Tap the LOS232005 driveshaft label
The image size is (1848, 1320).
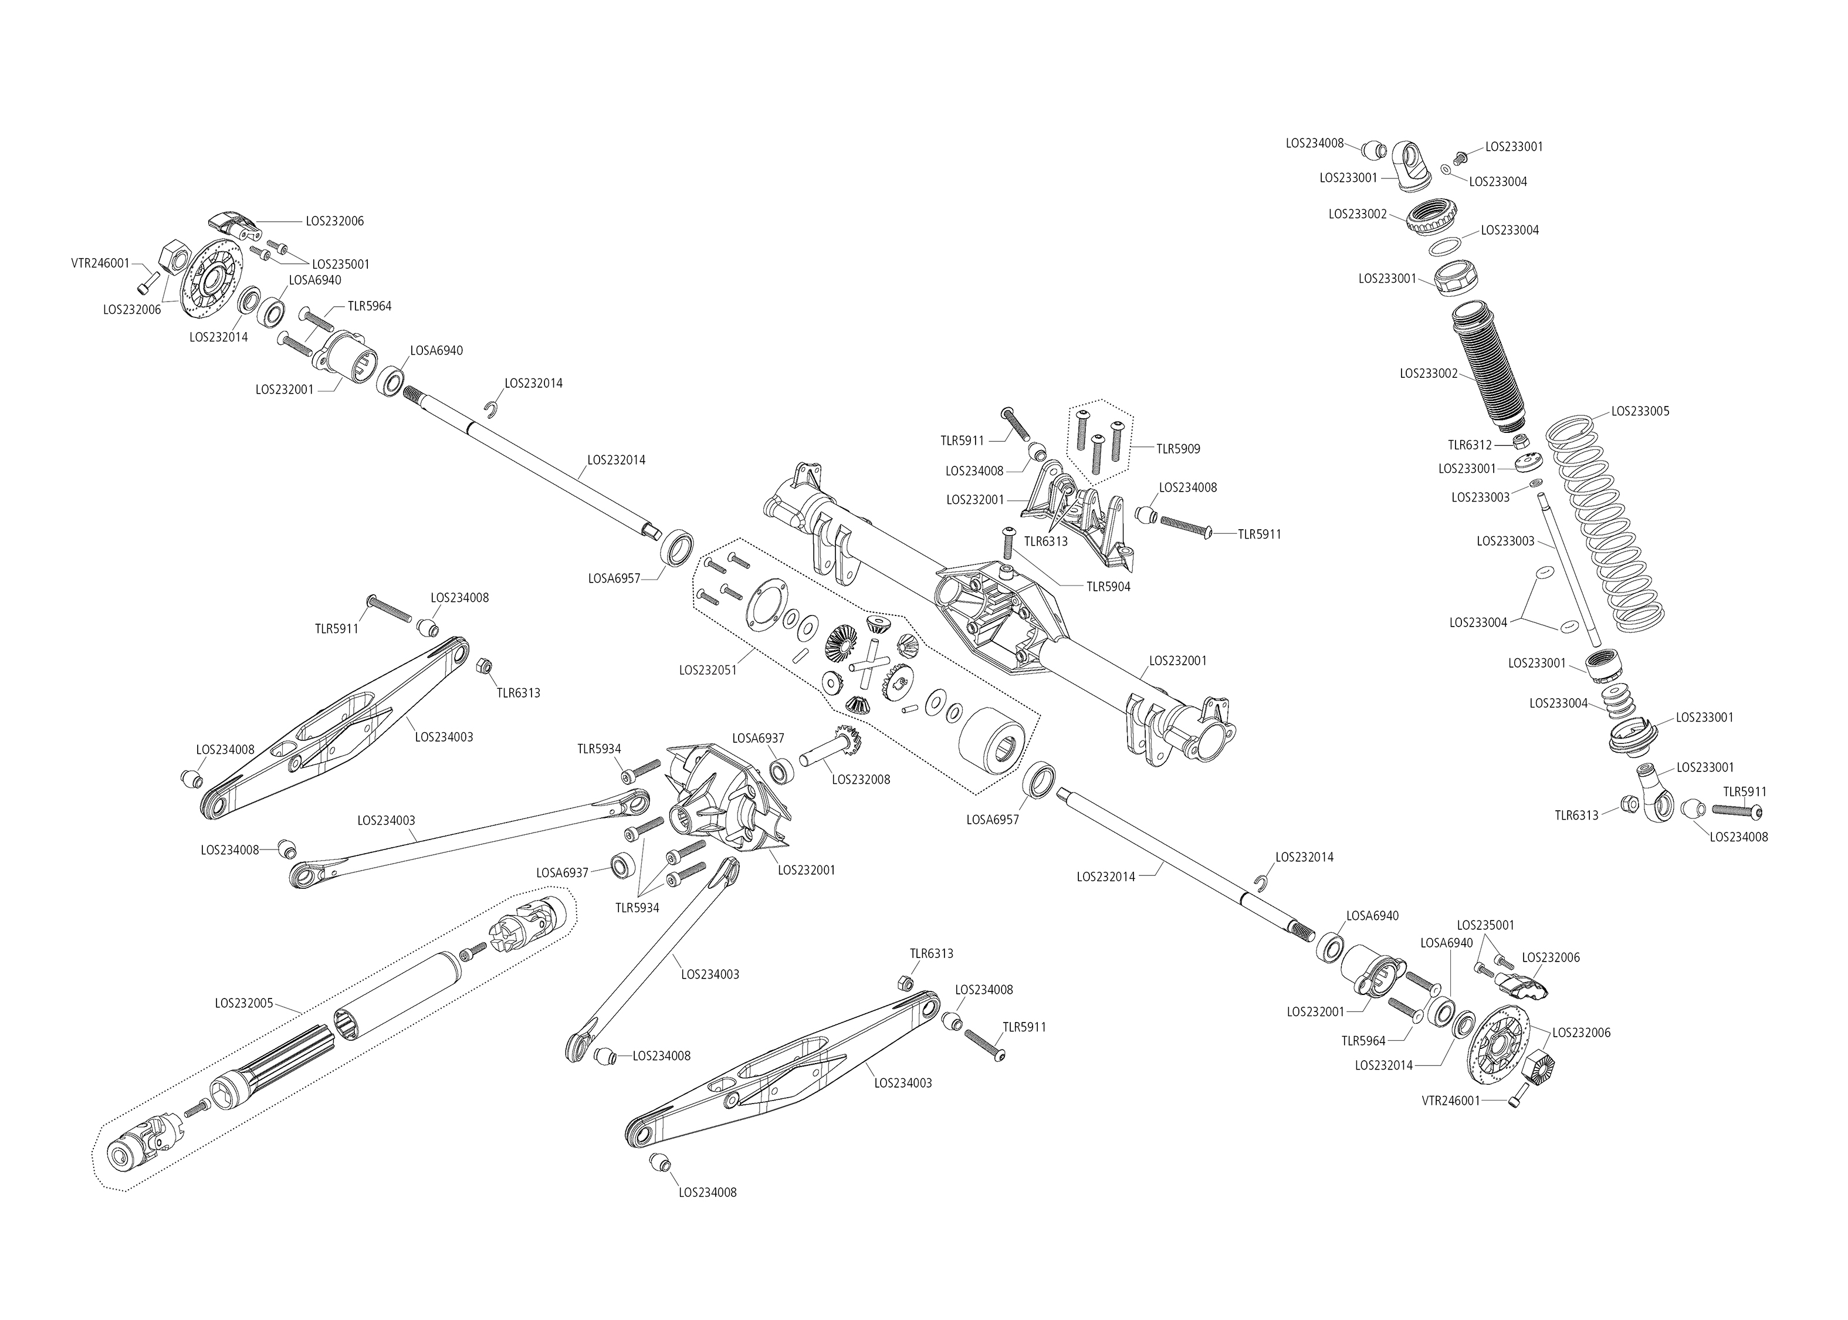(244, 1003)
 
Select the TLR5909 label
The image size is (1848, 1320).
(1179, 449)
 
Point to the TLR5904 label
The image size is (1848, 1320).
(1108, 586)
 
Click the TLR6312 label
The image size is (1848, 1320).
(1469, 445)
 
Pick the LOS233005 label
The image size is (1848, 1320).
(1640, 411)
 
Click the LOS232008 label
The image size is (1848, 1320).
(861, 780)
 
